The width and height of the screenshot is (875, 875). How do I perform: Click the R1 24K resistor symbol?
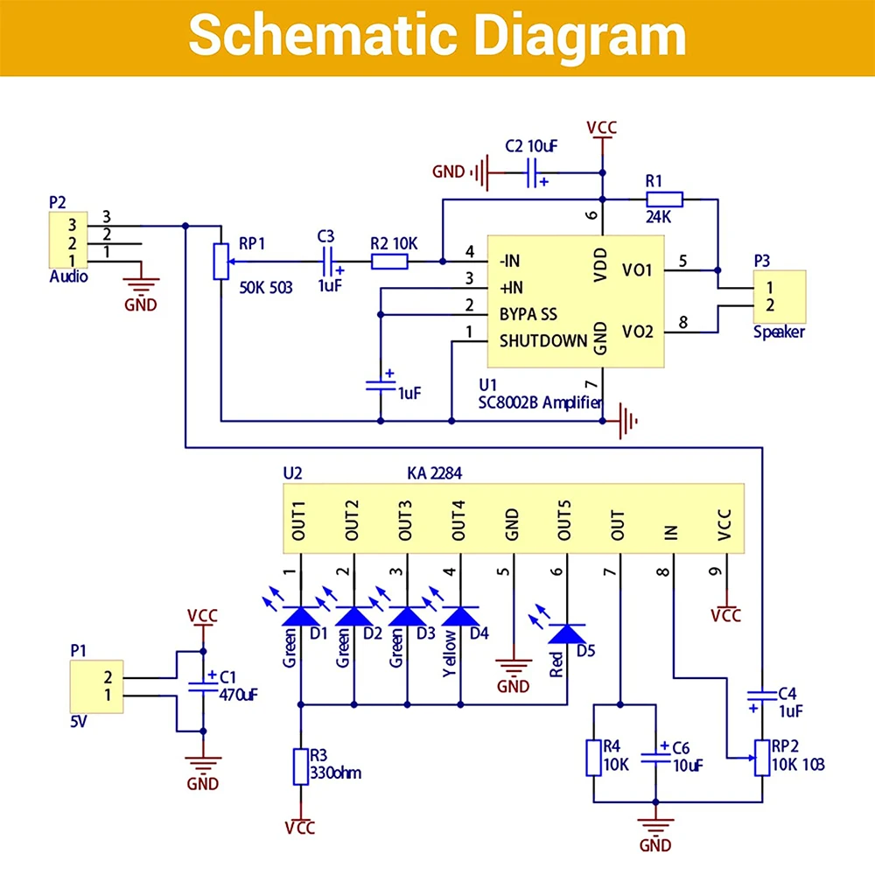[664, 199]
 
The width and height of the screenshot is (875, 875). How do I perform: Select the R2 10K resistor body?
[389, 261]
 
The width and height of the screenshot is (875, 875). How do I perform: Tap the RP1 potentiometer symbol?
[221, 261]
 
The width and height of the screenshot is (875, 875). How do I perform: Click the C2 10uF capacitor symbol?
[532, 172]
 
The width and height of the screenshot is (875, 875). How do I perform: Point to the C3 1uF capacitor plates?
[328, 261]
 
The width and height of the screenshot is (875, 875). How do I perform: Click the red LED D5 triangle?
[567, 633]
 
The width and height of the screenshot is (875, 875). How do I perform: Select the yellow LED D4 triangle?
[460, 616]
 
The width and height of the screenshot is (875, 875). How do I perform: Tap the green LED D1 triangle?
[301, 616]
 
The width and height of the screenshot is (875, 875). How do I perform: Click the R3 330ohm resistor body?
[301, 766]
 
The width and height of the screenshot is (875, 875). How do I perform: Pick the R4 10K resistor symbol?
[593, 758]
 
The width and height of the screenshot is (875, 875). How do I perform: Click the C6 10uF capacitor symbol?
[655, 758]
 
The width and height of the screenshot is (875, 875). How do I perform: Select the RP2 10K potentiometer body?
[762, 758]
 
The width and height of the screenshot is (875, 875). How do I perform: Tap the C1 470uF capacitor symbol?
[203, 687]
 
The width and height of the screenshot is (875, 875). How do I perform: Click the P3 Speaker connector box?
[780, 297]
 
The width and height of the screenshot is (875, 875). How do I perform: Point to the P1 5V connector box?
[96, 687]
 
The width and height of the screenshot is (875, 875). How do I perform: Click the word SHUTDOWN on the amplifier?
[543, 341]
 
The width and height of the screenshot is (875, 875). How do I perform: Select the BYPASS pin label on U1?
[528, 314]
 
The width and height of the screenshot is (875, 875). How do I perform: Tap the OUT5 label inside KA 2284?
[564, 520]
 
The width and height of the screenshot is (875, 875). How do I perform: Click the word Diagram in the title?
[580, 37]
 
